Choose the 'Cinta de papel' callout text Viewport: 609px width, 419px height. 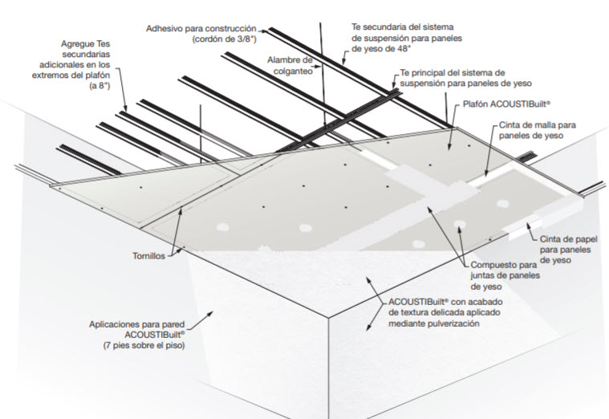[x=563, y=238]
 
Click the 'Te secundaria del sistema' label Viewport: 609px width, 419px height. [x=398, y=26]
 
